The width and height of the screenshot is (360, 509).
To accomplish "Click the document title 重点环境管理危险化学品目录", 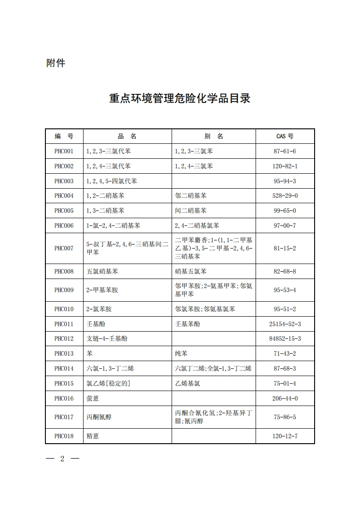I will pos(180,98).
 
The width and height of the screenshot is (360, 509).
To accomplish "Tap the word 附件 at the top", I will pos(56,63).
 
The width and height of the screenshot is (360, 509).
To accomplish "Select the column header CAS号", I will pos(285,136).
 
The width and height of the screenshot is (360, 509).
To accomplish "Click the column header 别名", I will pos(213,136).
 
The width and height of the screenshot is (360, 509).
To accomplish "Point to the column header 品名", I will pos(127,136).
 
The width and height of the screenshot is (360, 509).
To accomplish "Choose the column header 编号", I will pos(64,136).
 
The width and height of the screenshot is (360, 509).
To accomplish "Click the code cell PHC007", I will pos(64,248).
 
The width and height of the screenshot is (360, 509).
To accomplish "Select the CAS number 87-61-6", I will pos(285,151).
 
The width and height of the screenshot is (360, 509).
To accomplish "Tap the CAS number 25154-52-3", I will pos(285,324).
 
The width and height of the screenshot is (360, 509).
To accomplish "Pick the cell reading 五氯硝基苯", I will pos(99,271).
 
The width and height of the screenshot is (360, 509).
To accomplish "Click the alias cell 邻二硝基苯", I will pos(191,196).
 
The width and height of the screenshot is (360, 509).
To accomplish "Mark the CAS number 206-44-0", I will pos(285,398).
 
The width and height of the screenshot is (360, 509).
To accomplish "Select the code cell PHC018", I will pos(64,436).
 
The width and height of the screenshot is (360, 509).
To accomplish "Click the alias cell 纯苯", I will pos(181,353).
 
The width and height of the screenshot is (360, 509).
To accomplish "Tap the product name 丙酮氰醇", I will pos(99,417).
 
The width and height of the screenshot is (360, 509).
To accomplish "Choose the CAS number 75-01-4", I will pos(285,383).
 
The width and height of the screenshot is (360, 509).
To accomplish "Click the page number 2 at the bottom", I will pos(62,458).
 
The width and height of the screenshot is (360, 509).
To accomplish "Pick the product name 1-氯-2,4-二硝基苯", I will pos(113,225).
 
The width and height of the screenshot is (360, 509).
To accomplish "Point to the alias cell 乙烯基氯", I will pos(187,383).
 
